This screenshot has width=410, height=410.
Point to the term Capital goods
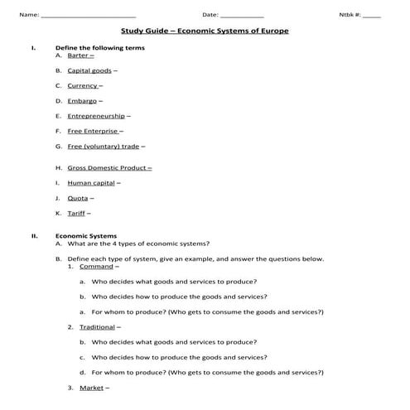(x=89, y=70)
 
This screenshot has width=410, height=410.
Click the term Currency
(x=83, y=85)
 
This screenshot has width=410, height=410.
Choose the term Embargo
(x=82, y=101)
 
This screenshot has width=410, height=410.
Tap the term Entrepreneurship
(x=96, y=116)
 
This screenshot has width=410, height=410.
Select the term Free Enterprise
(x=93, y=131)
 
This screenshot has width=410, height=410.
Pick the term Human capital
(x=91, y=182)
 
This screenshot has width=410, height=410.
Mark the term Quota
(x=78, y=198)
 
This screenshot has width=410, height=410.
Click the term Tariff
(x=76, y=213)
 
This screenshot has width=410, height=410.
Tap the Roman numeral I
(x=32, y=48)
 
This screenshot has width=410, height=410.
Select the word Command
(x=96, y=267)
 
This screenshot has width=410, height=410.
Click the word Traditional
(x=98, y=327)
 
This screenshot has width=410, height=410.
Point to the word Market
(x=90, y=388)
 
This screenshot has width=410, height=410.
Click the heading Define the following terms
(x=99, y=48)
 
